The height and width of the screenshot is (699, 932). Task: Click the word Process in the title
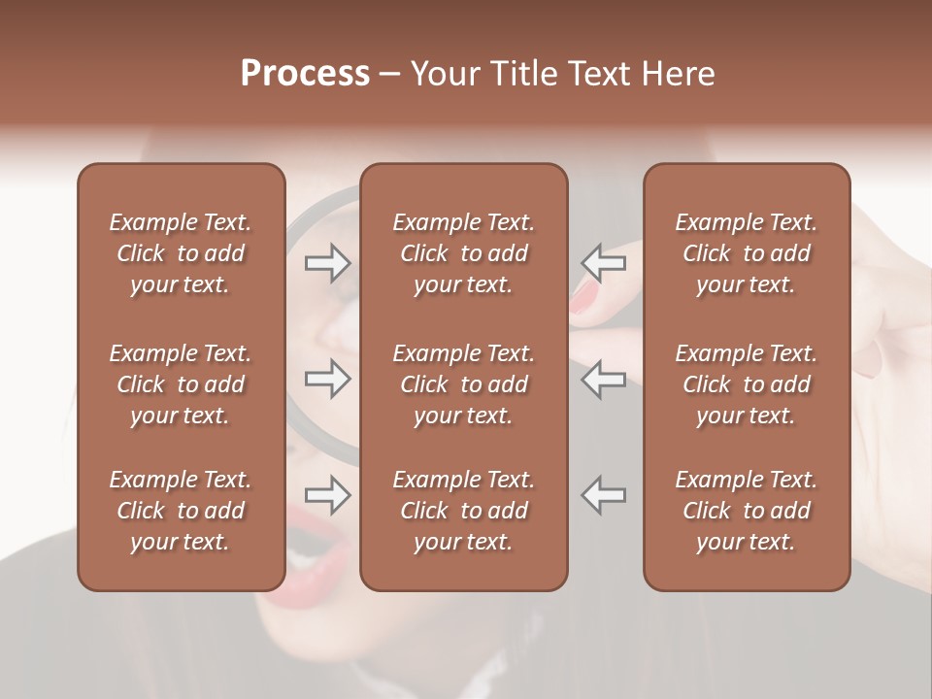pos(305,74)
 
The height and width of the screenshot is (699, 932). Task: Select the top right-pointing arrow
pos(328,263)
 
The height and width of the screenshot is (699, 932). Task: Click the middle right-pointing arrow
pos(328,379)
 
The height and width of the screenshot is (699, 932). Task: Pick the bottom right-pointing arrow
pos(328,495)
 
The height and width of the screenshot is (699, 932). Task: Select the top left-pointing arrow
pos(604,263)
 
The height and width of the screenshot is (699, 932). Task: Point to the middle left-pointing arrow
pos(604,379)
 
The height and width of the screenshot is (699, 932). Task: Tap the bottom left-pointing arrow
pos(604,495)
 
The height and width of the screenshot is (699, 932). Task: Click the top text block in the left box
pos(181,253)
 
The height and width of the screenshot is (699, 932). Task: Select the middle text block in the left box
pos(181,384)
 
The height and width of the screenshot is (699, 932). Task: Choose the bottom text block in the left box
pos(181,511)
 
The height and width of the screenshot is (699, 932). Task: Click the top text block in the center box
pos(464,253)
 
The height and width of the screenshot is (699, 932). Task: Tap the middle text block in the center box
pos(464,384)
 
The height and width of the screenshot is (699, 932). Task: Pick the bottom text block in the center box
pos(464,511)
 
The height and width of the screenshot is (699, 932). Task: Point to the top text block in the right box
pos(747,253)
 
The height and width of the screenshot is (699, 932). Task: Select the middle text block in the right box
pos(747,384)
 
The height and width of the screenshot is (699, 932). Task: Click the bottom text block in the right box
pos(747,511)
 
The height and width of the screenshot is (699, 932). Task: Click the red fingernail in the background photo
pos(585,297)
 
